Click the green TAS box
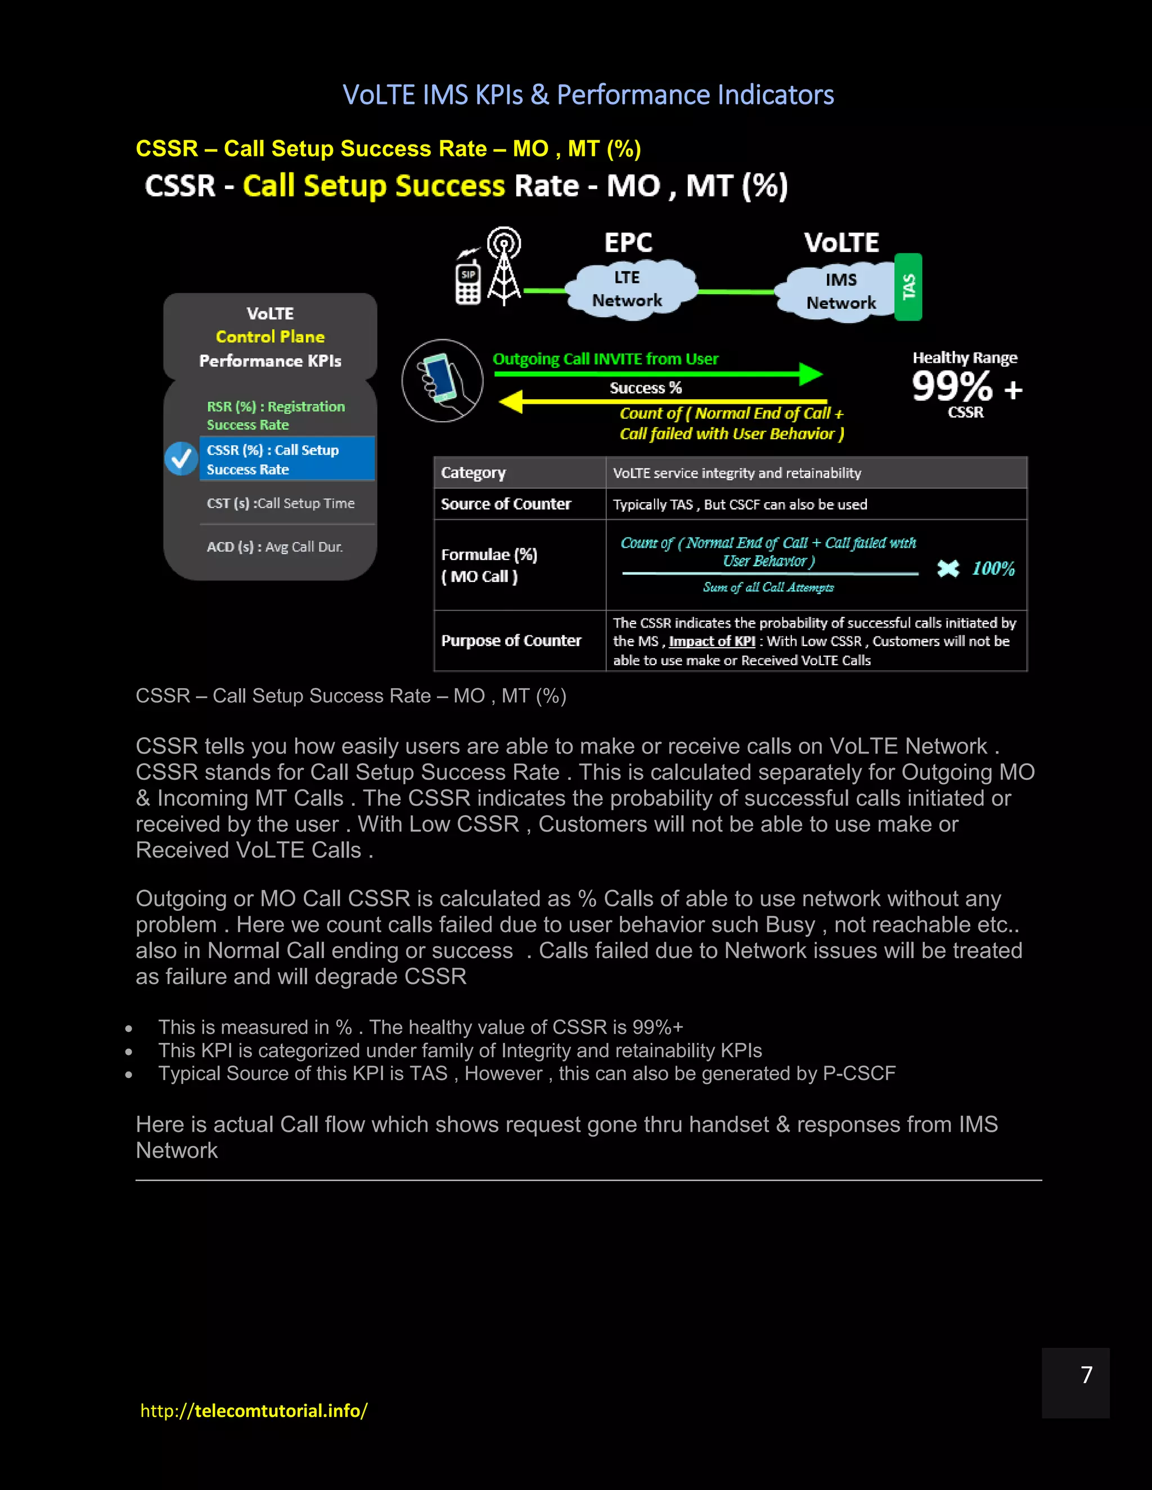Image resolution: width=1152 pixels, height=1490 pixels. [x=908, y=287]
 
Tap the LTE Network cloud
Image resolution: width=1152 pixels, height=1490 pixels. [x=627, y=289]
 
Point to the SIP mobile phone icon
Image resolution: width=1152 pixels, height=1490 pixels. [x=468, y=281]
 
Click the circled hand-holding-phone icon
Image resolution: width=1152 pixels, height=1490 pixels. [x=442, y=380]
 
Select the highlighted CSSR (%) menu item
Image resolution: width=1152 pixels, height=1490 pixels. [x=287, y=459]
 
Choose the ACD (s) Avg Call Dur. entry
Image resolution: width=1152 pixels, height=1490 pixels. [x=274, y=547]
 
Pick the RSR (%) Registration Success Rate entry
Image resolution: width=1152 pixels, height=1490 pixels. [x=276, y=415]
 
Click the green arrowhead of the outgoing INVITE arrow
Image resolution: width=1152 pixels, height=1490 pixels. [x=810, y=374]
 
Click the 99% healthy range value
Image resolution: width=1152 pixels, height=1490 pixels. [x=953, y=387]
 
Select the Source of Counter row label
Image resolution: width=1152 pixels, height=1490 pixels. [x=506, y=504]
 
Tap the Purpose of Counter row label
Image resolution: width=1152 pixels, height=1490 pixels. [x=511, y=640]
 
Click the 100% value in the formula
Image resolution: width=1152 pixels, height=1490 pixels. [x=993, y=568]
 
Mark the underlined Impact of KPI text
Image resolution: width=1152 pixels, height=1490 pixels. [x=712, y=642]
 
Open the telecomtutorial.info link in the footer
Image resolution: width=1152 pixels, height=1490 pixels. [x=254, y=1411]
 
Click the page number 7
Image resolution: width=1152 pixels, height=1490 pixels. [x=1087, y=1374]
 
